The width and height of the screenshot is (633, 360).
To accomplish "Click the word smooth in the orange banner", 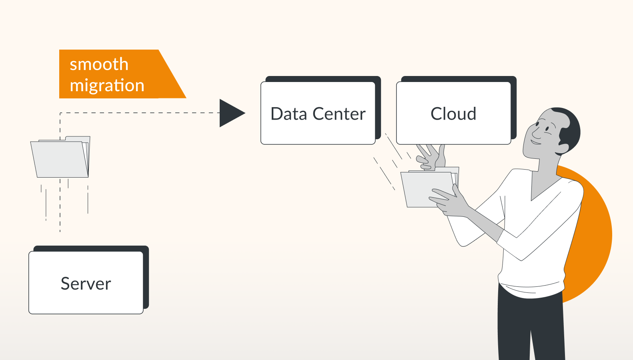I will pyautogui.click(x=99, y=64).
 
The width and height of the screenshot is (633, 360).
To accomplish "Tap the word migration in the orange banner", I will pyautogui.click(x=107, y=86).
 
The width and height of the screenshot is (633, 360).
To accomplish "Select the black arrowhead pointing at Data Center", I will pyautogui.click(x=230, y=113).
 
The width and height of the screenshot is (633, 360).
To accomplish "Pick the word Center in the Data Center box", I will pyautogui.click(x=339, y=114).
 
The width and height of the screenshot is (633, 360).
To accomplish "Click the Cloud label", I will pyautogui.click(x=453, y=114).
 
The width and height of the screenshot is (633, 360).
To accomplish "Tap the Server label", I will pyautogui.click(x=86, y=284).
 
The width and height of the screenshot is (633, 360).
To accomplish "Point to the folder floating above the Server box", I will pyautogui.click(x=60, y=158).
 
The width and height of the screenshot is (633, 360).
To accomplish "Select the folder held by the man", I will pyautogui.click(x=426, y=188).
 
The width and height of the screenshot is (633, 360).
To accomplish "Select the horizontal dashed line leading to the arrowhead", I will pyautogui.click(x=140, y=113).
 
